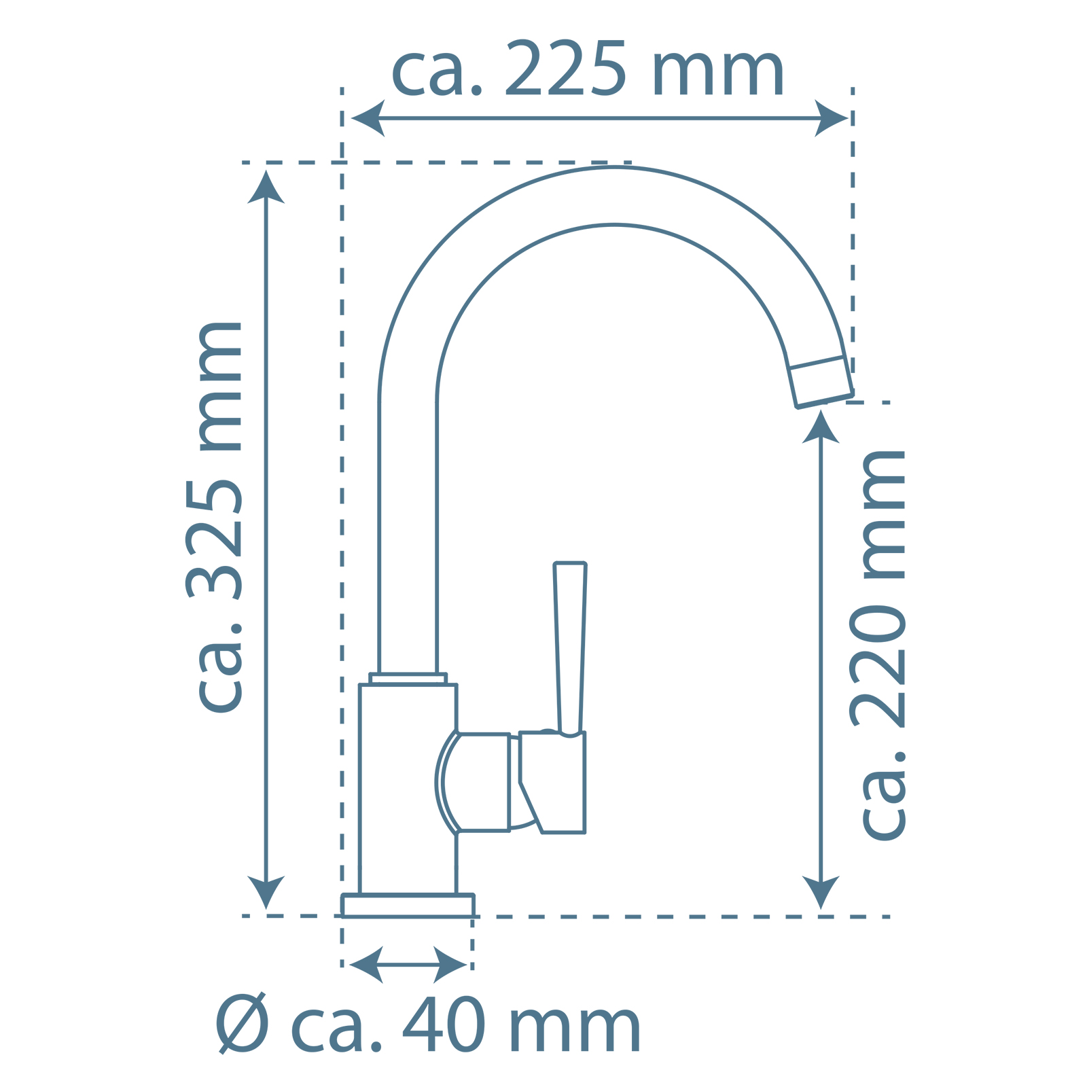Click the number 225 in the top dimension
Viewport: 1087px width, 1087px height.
[x=565, y=69]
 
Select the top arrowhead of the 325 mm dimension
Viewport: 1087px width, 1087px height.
[x=266, y=187]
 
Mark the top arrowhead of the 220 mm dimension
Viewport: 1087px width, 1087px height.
[x=821, y=427]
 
